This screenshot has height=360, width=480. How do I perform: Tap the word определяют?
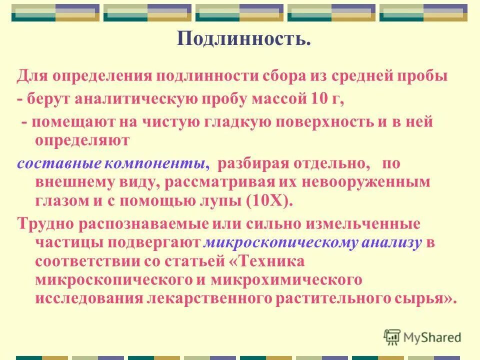[x=82, y=140]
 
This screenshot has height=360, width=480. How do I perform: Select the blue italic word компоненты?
[x=156, y=163]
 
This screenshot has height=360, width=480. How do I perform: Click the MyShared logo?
[x=422, y=337]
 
